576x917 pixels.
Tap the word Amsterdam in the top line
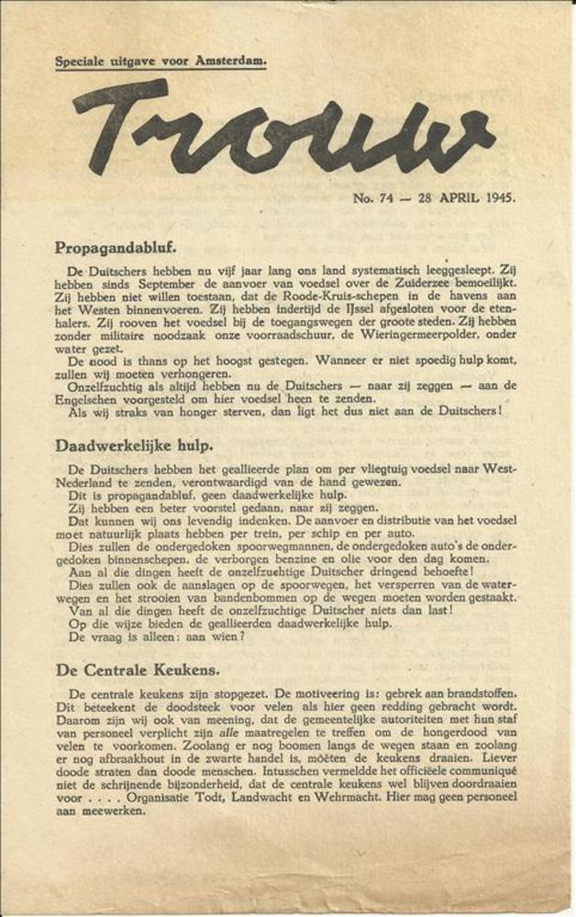pyautogui.click(x=230, y=61)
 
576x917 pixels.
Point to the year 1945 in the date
pyautogui.click(x=494, y=196)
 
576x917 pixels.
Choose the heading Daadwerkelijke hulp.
pyautogui.click(x=134, y=446)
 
